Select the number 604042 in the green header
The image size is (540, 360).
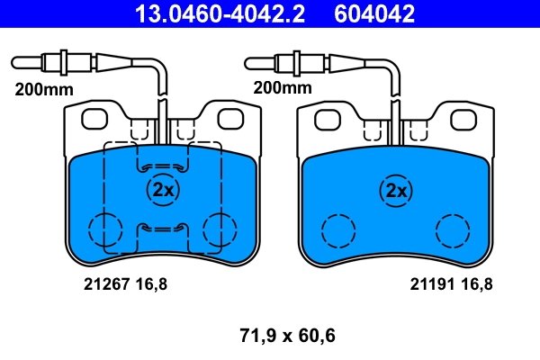(375, 13)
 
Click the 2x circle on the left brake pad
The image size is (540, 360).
(163, 189)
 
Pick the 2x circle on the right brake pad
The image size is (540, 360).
(396, 189)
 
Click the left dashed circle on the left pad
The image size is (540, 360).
(105, 231)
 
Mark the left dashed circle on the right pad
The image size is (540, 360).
(339, 231)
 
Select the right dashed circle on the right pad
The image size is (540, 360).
(453, 231)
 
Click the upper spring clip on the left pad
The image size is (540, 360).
(163, 166)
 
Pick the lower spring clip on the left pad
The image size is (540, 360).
(163, 228)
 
